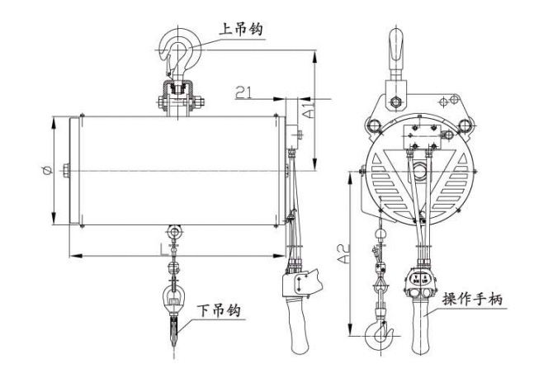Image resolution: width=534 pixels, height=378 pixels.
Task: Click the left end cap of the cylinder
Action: tap(74, 171)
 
